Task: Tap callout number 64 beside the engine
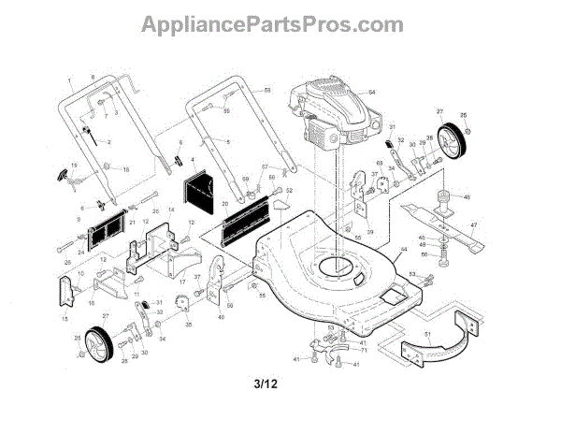[x=371, y=92]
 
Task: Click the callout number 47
[x=474, y=225]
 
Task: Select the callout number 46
[x=467, y=197]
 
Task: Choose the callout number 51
[x=427, y=334]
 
